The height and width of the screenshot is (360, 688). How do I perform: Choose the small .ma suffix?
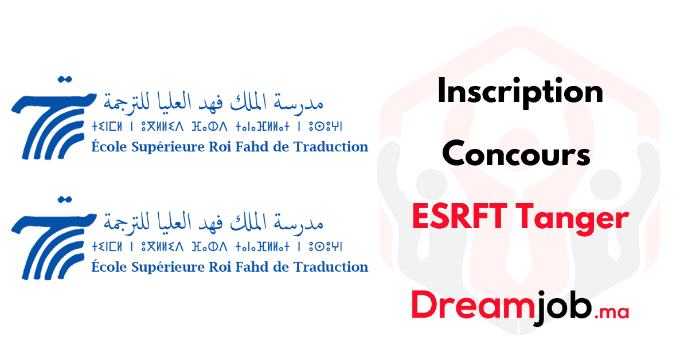(x=612, y=312)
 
